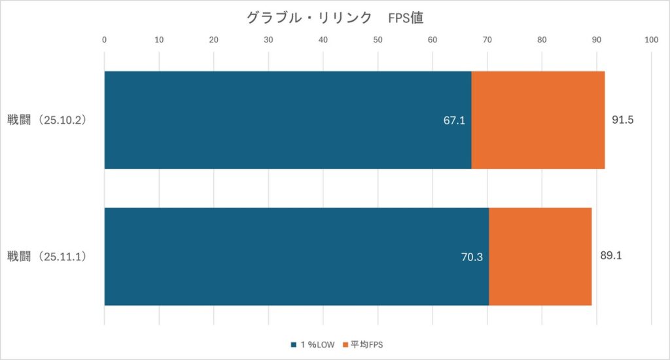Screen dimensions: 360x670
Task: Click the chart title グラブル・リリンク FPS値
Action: (x=335, y=18)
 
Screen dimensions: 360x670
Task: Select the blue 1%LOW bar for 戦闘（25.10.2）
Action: (x=288, y=120)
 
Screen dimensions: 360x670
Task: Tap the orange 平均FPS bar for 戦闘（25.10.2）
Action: (x=538, y=120)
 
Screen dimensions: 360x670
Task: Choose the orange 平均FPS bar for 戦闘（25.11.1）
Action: (x=540, y=257)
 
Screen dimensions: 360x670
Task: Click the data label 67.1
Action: (x=454, y=120)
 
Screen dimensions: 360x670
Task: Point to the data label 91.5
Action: (x=624, y=120)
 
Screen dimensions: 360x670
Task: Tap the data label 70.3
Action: (x=472, y=257)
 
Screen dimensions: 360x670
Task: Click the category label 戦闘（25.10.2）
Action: (x=47, y=120)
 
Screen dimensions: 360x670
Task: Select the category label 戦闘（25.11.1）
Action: (x=47, y=257)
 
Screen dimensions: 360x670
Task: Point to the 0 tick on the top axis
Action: (x=105, y=40)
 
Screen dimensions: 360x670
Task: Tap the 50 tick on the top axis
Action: (x=378, y=40)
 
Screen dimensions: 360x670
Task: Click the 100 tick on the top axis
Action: (x=651, y=40)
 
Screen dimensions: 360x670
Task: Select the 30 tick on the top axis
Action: (x=268, y=40)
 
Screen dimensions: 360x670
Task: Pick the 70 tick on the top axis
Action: (x=487, y=40)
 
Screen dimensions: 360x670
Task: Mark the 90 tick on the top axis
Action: (x=596, y=40)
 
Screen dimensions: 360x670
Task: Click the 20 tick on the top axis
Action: (x=214, y=40)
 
